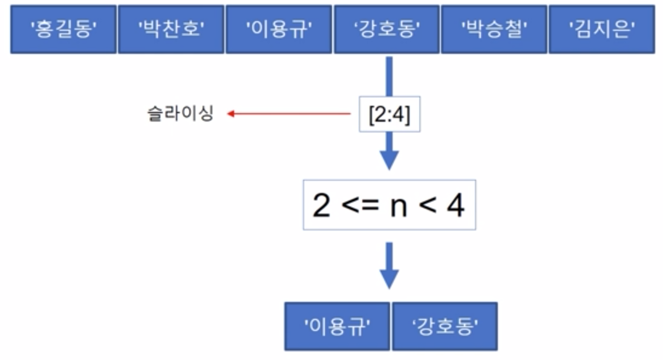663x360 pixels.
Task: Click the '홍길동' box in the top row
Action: click(x=63, y=29)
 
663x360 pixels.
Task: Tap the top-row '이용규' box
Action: click(x=278, y=29)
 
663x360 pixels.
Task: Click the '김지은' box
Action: click(x=601, y=29)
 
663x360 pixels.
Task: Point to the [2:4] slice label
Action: click(x=389, y=113)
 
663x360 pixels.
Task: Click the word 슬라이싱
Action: click(x=180, y=113)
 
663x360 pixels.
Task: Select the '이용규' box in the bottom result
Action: click(x=337, y=326)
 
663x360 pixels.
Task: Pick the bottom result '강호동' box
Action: click(x=445, y=326)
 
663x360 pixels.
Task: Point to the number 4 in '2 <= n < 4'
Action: click(x=455, y=206)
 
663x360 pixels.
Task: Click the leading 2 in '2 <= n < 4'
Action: click(x=322, y=206)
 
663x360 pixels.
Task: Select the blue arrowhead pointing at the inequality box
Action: click(x=389, y=160)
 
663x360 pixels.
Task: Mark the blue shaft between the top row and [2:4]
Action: click(x=389, y=76)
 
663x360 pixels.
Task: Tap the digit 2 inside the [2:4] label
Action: click(x=379, y=113)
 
